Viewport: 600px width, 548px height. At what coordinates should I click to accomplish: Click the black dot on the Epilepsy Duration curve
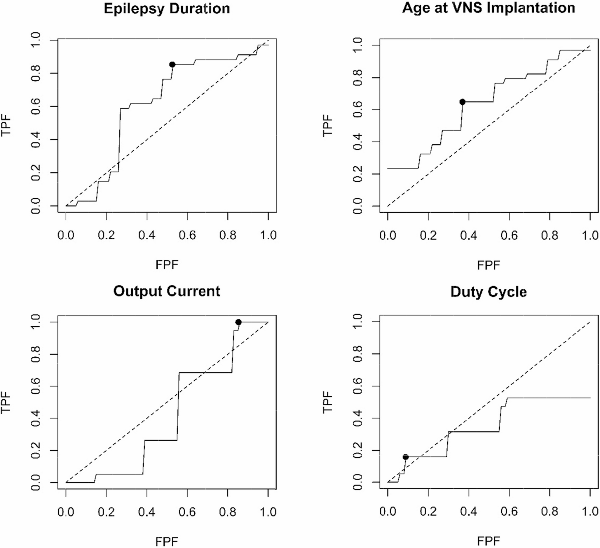coord(172,64)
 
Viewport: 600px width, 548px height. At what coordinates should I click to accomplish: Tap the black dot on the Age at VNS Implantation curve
coord(462,102)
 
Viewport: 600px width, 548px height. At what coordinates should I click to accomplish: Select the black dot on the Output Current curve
coord(238,322)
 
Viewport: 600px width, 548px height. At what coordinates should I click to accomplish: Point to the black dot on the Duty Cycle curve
coord(405,457)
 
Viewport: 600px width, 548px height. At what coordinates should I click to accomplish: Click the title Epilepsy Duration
coord(167,9)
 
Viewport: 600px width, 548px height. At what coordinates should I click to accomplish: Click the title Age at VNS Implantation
coord(489,8)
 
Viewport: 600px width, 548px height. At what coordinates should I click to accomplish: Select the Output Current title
coord(167,291)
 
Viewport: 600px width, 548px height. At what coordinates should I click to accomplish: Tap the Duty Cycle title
coord(489,292)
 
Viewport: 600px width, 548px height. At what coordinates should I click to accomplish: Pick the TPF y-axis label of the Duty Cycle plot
coord(327,402)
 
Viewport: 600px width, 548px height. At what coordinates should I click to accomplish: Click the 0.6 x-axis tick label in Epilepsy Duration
coord(187,235)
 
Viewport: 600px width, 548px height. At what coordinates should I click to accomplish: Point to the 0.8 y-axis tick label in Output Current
coord(36,354)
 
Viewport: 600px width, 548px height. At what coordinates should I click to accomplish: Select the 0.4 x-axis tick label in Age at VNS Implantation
coord(468,235)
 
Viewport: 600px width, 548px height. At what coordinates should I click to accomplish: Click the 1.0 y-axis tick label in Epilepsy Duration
coord(36,40)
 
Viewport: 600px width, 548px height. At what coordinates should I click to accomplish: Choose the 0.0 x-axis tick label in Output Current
coord(66,512)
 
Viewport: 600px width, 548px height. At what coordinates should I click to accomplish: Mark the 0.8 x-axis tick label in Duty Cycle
coord(550,512)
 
